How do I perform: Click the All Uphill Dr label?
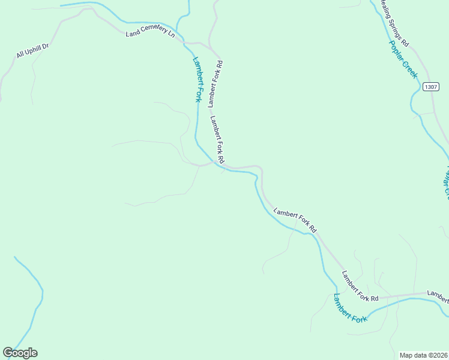[32, 50]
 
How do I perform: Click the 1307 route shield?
[430, 87]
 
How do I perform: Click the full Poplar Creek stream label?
[402, 59]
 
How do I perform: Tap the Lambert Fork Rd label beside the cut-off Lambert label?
[360, 286]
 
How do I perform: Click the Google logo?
[20, 353]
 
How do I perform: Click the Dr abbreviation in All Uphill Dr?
[44, 45]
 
